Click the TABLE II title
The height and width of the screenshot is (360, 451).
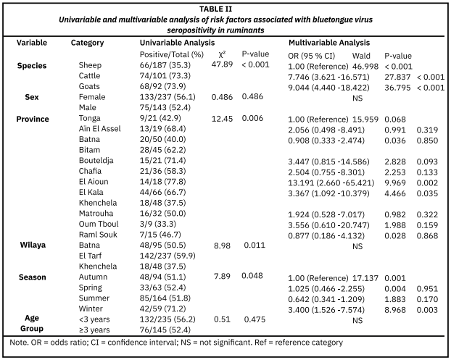coord(225,8)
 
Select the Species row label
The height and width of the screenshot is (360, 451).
coord(31,65)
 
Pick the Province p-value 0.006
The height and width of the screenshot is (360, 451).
coord(254,118)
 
